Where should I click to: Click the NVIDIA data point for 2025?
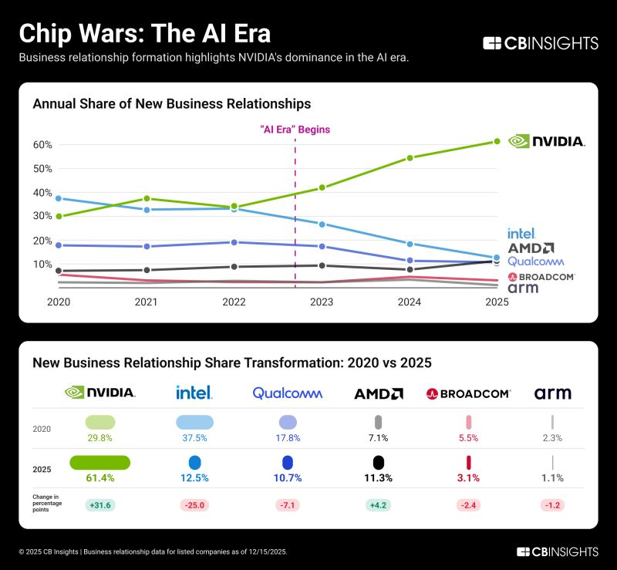point(497,141)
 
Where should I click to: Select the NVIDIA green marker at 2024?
point(410,158)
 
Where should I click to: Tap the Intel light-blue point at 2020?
point(59,199)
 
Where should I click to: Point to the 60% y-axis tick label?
point(42,145)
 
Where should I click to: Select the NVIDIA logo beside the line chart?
point(547,142)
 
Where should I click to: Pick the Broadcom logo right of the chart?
point(541,277)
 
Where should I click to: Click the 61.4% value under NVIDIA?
point(100,478)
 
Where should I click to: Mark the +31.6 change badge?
point(100,505)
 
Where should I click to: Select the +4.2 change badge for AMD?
point(378,505)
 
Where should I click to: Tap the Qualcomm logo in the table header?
point(288,393)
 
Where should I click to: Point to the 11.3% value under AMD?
point(378,478)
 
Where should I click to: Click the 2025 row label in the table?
point(42,469)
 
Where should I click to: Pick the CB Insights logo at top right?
point(540,43)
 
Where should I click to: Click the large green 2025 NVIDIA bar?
point(100,462)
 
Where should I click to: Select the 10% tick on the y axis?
point(42,265)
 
